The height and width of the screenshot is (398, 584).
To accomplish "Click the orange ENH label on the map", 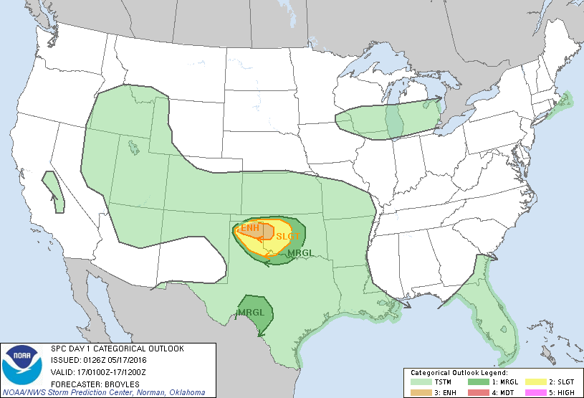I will [x=249, y=228].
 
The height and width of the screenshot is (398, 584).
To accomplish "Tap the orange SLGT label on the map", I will [x=287, y=237].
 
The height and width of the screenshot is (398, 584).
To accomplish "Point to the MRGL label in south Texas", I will [x=250, y=312].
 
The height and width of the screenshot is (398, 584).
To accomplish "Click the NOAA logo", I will [x=21, y=364].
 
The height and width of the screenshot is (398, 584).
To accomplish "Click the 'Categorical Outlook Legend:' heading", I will [x=459, y=373].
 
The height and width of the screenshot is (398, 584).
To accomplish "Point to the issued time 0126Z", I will [x=94, y=361].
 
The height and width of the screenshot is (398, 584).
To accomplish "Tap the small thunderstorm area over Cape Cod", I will [x=565, y=101].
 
